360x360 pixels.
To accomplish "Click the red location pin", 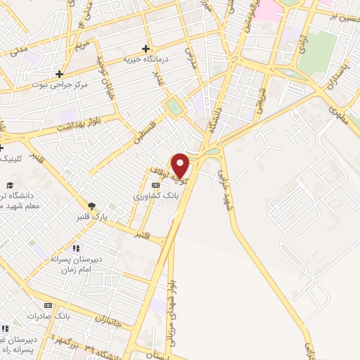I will pos(181,165).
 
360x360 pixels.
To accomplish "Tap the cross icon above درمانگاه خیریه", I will pos(146,49).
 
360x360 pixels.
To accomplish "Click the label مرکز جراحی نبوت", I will pos(60,84).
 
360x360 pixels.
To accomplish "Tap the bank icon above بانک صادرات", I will pos(48,305).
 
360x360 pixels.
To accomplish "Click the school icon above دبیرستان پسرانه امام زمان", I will pos(76,248).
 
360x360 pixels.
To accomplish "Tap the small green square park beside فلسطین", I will pos(173,108).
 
